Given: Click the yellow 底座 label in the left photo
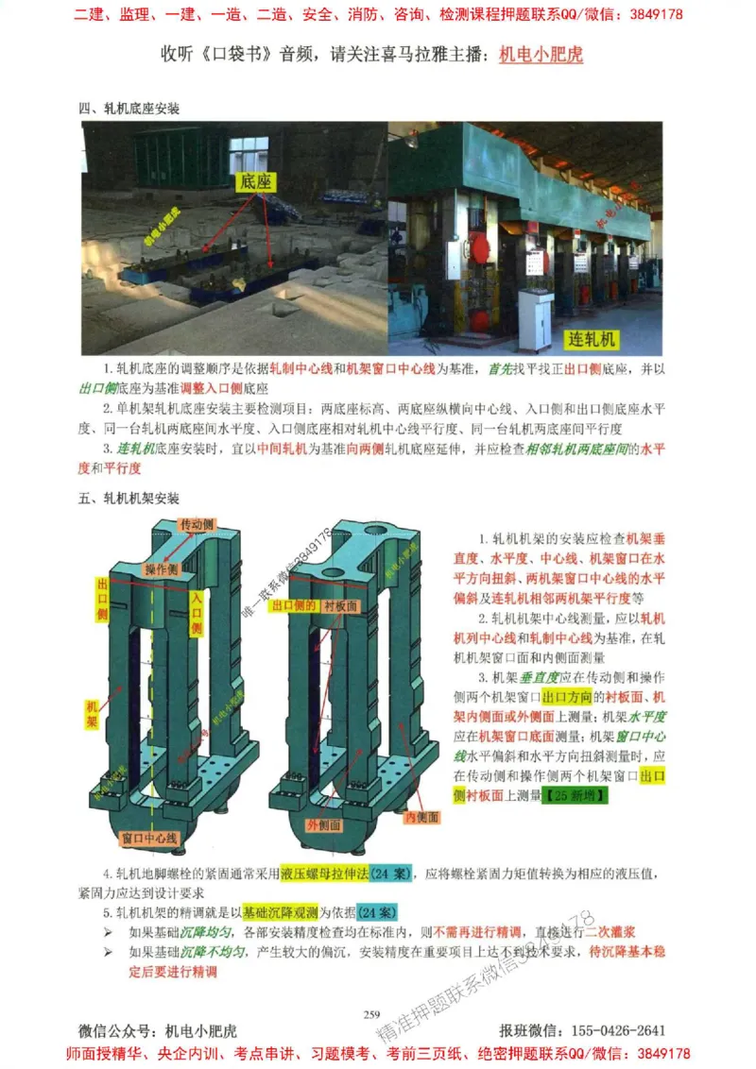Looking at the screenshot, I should [x=256, y=180].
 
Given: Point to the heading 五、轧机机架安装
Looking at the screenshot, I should [x=129, y=499].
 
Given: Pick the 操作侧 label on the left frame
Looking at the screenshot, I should [x=162, y=569].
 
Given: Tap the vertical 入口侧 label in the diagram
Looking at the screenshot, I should [x=197, y=613].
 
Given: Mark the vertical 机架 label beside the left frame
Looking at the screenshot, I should [x=92, y=715].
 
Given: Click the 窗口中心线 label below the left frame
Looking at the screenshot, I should [x=151, y=838].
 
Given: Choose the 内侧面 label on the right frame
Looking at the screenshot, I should [x=421, y=817].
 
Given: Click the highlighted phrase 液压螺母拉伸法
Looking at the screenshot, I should [x=326, y=873].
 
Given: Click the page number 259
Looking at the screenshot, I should [x=371, y=1014].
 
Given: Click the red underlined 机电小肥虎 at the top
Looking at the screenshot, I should [x=541, y=55].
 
